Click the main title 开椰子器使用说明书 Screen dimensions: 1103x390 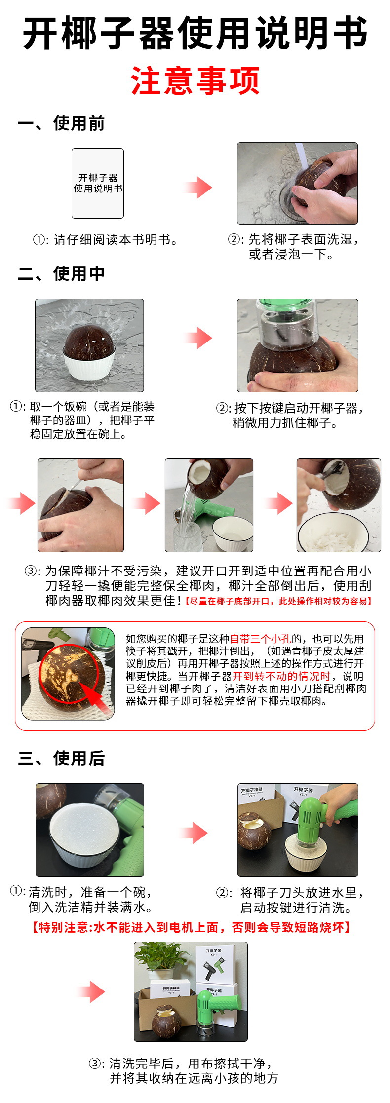tap(195, 33)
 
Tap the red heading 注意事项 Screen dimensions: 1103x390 tap(195, 81)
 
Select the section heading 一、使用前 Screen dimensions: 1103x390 tap(61, 123)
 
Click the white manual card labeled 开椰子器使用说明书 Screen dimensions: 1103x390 tap(98, 183)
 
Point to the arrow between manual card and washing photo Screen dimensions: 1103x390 tap(198, 187)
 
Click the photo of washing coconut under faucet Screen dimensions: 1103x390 tap(297, 183)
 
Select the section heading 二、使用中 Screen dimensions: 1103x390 tap(61, 273)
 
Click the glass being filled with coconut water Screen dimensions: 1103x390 tap(187, 535)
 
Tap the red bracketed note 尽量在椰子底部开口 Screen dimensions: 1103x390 tap(279, 601)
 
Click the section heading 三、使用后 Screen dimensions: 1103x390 tap(61, 759)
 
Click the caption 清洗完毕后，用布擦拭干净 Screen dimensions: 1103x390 tap(190, 1063)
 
